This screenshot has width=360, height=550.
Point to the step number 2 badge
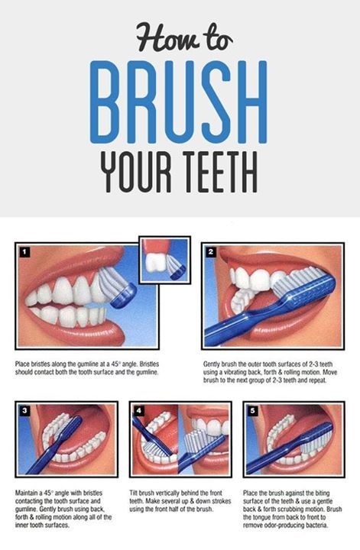[211, 251]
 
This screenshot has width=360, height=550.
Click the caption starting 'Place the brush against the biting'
[293, 507]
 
